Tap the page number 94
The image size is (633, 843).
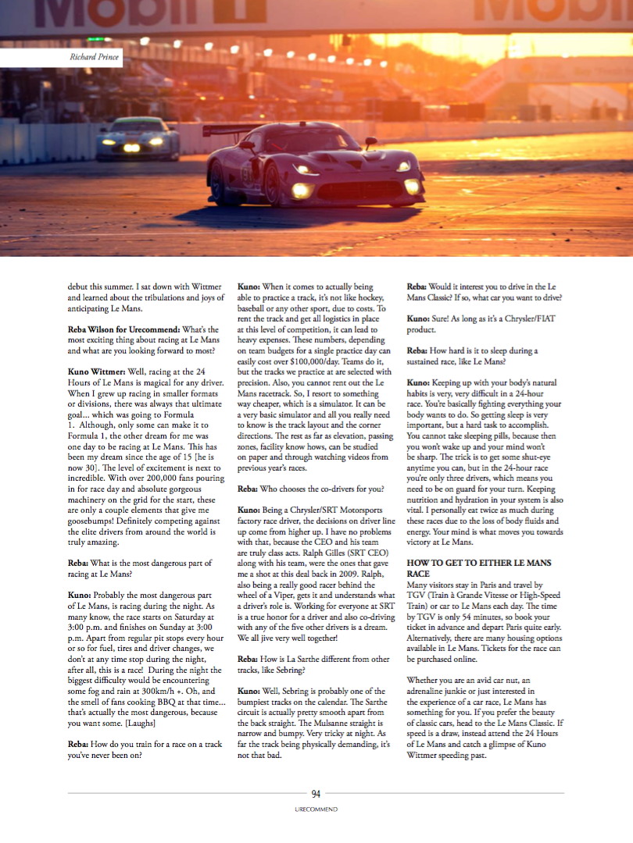316,794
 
